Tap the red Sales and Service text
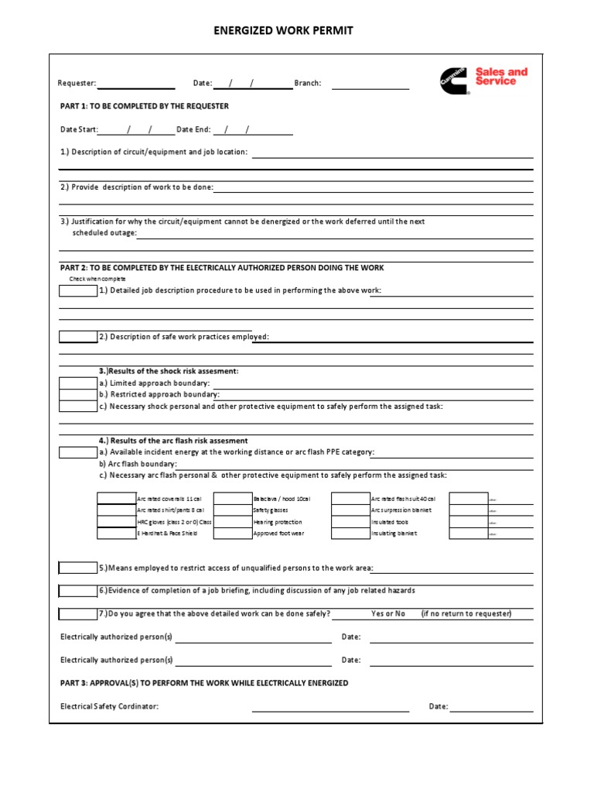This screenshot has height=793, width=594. (x=501, y=77)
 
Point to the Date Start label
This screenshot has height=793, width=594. (x=79, y=129)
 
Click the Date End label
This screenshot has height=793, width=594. (x=193, y=129)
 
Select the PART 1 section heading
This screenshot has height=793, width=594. (x=145, y=106)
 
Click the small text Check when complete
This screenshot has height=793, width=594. (x=97, y=279)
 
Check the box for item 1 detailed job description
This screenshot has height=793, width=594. (x=78, y=291)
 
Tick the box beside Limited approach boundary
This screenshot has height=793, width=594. (x=78, y=383)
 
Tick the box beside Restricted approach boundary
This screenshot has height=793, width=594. (x=78, y=395)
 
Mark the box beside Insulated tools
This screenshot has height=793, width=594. (x=350, y=522)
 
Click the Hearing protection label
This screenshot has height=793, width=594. (x=278, y=522)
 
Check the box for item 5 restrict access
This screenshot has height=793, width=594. (x=78, y=568)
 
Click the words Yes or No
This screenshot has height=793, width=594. (x=388, y=613)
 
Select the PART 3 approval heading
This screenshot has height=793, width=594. (x=204, y=683)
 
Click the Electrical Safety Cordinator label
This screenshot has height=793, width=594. (x=109, y=706)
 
